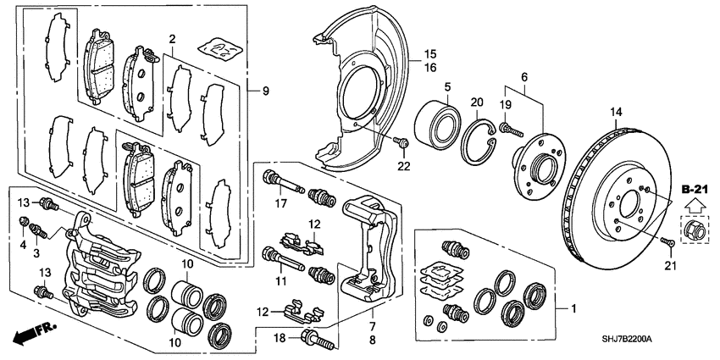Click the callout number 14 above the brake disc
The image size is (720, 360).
click(616, 112)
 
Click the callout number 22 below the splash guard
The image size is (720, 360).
click(404, 166)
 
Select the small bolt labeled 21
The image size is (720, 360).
click(667, 241)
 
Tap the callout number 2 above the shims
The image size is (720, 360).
click(172, 39)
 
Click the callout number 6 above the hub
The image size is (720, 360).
click(523, 77)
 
